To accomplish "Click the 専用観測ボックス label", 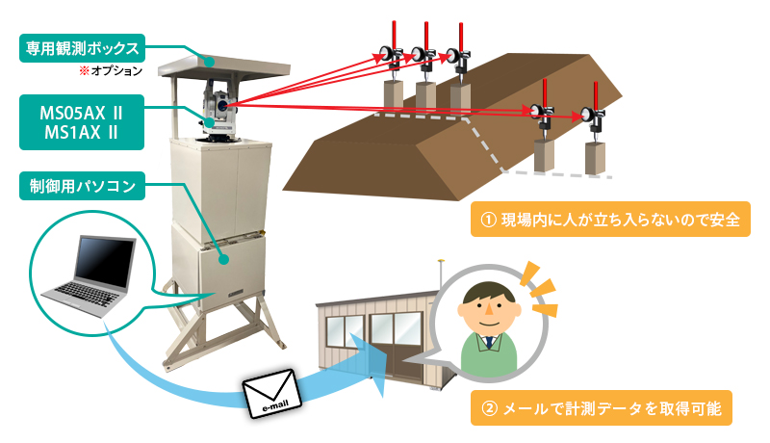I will tap(79, 46).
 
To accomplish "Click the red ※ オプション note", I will tap(110, 71).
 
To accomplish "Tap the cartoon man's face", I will tap(486, 307).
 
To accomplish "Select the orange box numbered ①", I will tap(603, 220).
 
